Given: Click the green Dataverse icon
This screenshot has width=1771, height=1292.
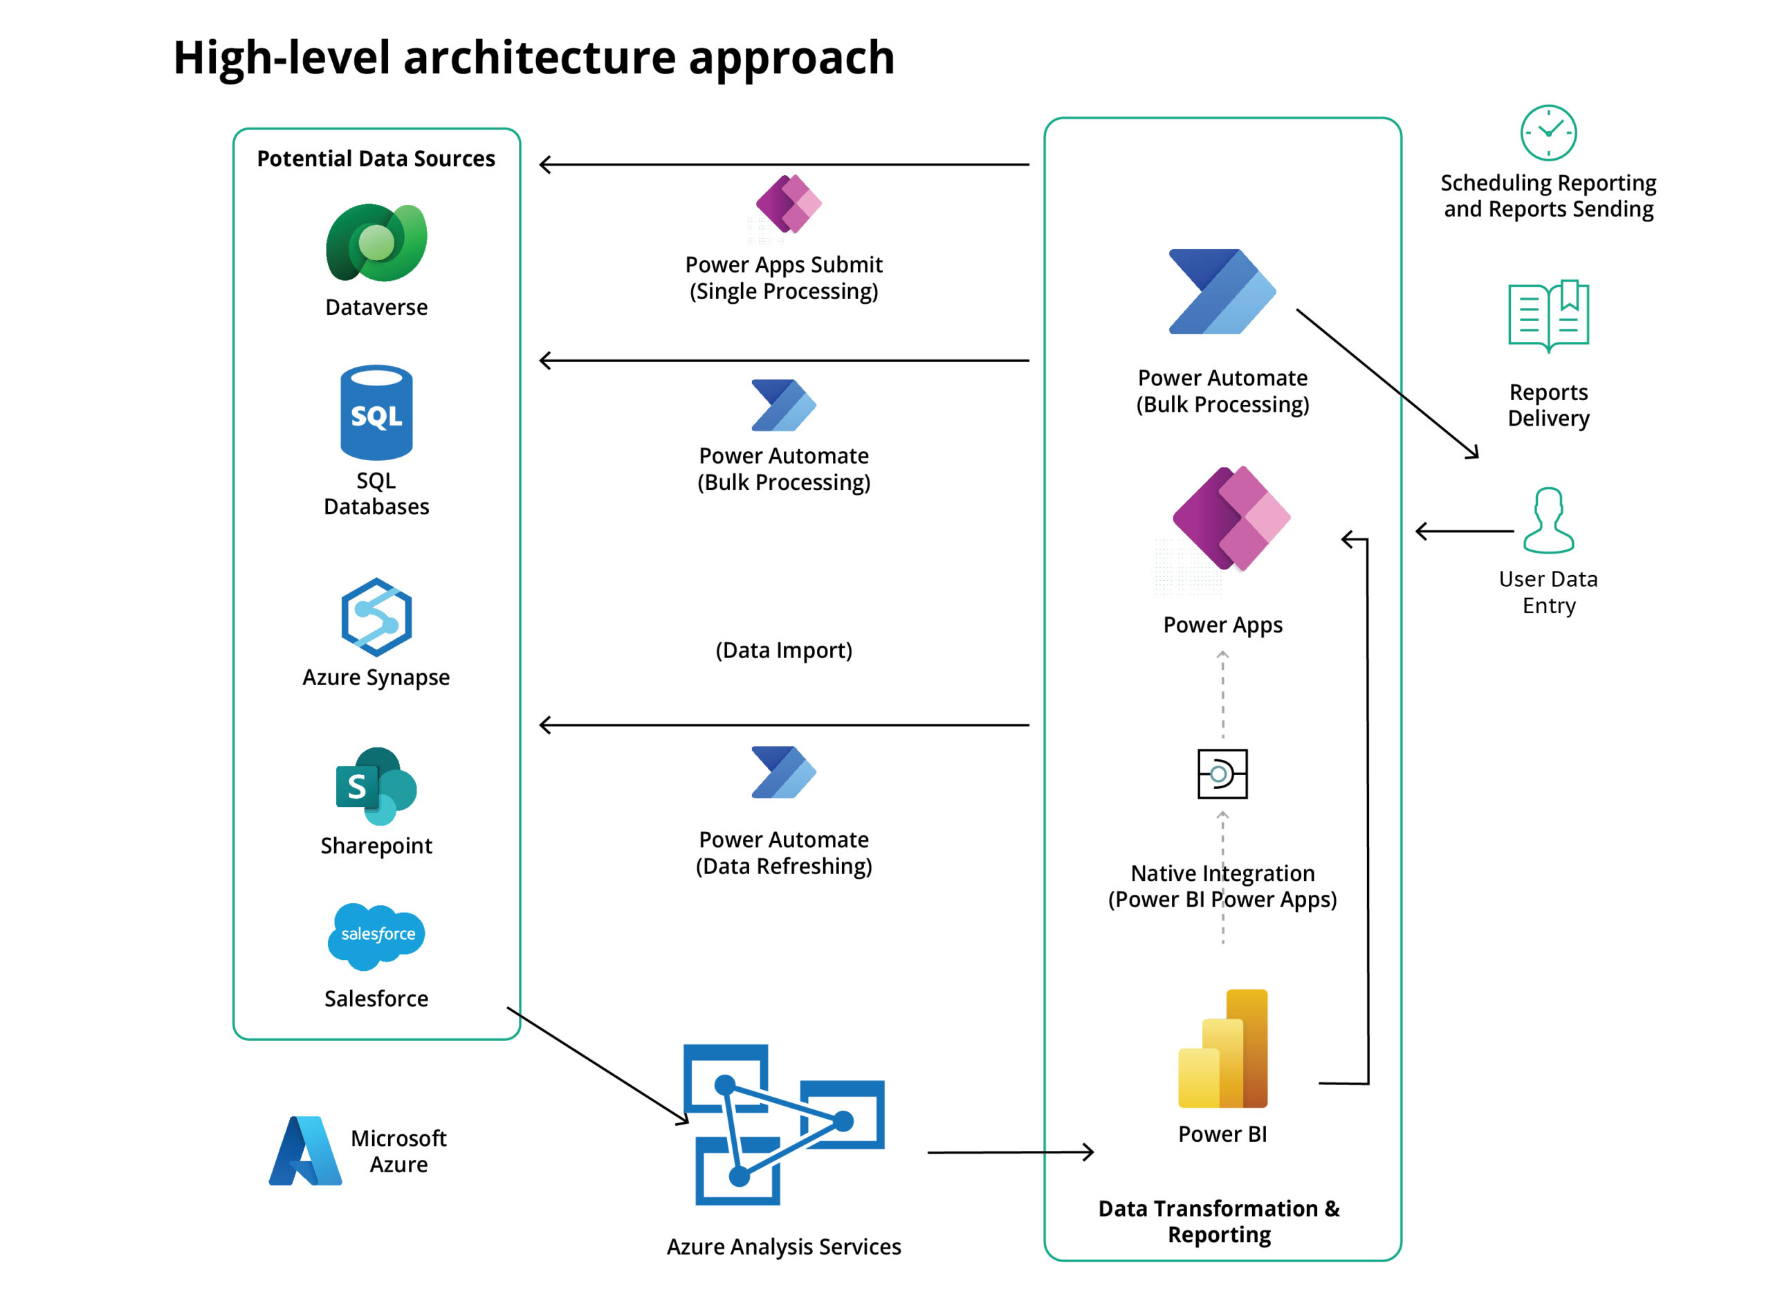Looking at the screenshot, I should tap(376, 242).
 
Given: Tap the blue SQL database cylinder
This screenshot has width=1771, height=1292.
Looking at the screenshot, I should tap(376, 412).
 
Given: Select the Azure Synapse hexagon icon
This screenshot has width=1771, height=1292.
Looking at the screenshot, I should tap(376, 617).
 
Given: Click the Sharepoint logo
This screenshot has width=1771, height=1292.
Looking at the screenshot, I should tap(376, 785).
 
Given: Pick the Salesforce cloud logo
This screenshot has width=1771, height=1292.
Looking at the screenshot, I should tap(376, 935).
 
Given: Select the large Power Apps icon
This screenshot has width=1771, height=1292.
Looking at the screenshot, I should tap(1230, 518).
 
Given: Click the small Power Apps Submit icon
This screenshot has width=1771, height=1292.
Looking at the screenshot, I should tap(788, 203).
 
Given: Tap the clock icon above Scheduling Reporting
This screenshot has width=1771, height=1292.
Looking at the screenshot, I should tap(1548, 132).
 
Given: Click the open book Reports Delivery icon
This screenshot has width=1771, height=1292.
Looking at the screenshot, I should tap(1548, 315).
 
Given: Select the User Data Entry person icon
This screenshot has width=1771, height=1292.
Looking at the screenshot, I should tap(1548, 520).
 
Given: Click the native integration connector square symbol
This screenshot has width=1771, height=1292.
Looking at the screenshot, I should tap(1222, 774).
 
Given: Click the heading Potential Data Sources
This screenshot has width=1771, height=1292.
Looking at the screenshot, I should tap(376, 158).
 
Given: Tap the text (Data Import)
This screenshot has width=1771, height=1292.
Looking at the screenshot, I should tap(784, 650).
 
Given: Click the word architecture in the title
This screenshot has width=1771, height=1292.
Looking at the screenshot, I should tap(539, 58).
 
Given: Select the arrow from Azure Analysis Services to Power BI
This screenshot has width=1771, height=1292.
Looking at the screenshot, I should tap(1009, 1152).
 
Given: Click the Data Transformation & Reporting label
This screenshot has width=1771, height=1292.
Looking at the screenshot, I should tap(1219, 1221).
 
